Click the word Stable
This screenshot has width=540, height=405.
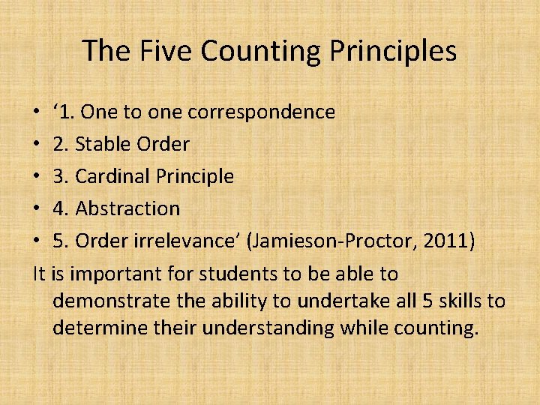[102, 144]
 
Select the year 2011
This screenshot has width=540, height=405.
[446, 241]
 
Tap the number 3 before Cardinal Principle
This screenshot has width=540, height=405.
[60, 176]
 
